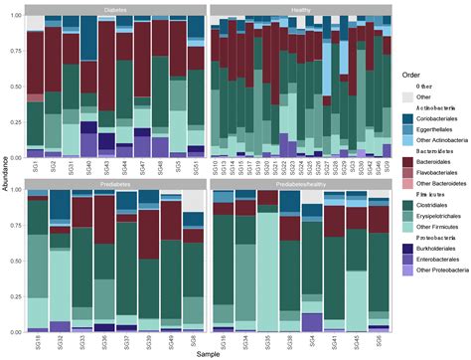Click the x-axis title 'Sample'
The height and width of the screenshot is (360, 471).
pos(209,352)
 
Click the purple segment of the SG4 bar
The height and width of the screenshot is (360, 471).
pos(311,293)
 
